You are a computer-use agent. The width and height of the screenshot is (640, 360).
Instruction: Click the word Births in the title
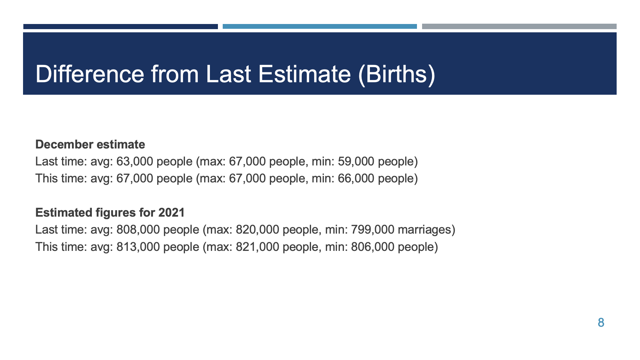pos(396,74)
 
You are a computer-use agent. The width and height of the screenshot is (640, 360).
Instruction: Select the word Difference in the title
pos(90,74)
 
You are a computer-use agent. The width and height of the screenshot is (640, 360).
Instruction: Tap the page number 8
pos(601,323)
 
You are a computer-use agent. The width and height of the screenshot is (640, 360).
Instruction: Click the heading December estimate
pos(90,144)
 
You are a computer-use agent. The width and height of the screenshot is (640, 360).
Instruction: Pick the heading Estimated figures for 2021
pos(110,212)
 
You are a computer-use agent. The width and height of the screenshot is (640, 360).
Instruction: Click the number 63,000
pos(135,162)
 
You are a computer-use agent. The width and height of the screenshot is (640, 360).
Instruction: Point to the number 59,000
pos(356,162)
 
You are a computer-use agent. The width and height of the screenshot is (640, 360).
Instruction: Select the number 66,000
pos(356,179)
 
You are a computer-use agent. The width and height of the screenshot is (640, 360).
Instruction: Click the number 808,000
pos(138,230)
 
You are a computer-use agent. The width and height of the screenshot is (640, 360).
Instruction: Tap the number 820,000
pos(258,230)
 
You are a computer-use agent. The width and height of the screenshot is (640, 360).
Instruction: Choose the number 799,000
pos(373,230)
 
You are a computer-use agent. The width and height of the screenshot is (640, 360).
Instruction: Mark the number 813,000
pos(138,247)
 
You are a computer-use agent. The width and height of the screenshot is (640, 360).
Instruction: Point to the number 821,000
pos(258,247)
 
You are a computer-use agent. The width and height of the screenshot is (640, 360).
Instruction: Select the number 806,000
pos(373,247)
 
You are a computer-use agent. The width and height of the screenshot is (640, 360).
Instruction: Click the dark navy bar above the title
pos(121,27)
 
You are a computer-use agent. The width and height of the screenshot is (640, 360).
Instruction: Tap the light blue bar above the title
pos(320,27)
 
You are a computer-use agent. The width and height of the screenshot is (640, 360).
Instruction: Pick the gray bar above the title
pos(519,27)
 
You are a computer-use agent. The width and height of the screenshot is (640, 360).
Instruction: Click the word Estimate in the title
pos(305,74)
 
